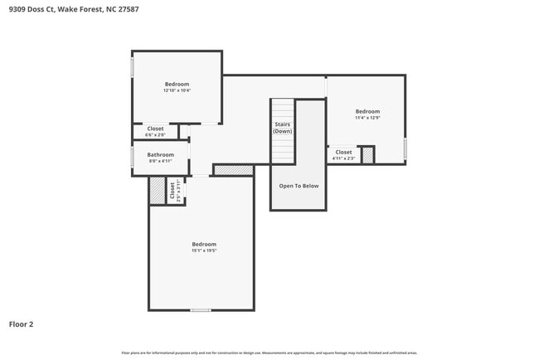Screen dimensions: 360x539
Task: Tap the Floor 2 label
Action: [21, 324]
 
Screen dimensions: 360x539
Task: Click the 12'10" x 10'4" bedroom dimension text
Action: [177, 90]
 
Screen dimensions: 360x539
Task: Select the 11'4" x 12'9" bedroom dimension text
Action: [367, 118]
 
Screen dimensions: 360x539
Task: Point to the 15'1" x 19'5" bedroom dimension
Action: [204, 251]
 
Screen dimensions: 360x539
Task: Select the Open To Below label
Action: [299, 186]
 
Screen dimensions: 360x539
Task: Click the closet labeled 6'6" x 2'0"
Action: [155, 131]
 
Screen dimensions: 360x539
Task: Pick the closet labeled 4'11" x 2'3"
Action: [343, 155]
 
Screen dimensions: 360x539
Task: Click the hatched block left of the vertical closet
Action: [158, 191]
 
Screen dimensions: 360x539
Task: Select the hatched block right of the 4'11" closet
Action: [367, 155]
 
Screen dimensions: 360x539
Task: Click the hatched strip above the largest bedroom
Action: [233, 170]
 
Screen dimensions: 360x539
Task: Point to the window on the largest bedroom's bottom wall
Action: [200, 310]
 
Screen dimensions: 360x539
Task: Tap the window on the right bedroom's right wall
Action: [405, 148]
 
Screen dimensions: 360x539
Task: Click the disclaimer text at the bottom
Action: [269, 352]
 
